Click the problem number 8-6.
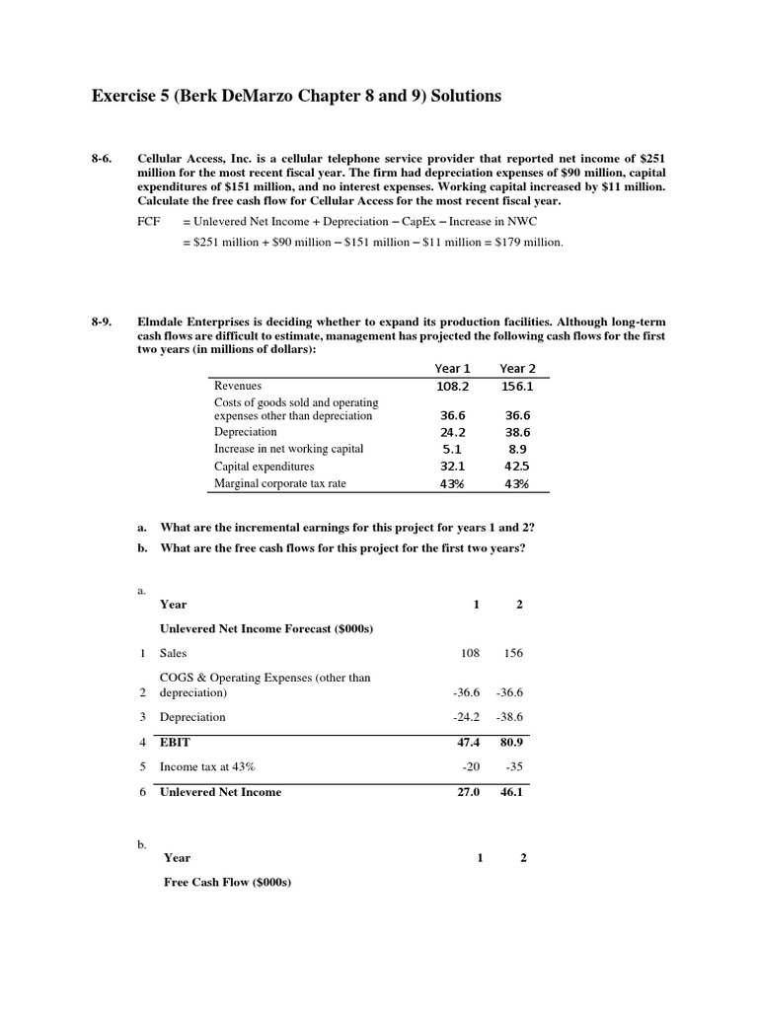point(103,158)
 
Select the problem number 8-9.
point(103,322)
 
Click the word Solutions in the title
point(460,96)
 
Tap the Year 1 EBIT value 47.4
point(465,742)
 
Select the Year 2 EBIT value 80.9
point(512,742)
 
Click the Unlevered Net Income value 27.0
point(466,792)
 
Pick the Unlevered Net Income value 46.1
point(512,792)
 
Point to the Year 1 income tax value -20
point(470,766)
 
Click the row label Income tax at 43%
point(207,766)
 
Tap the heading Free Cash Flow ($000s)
point(228,884)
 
